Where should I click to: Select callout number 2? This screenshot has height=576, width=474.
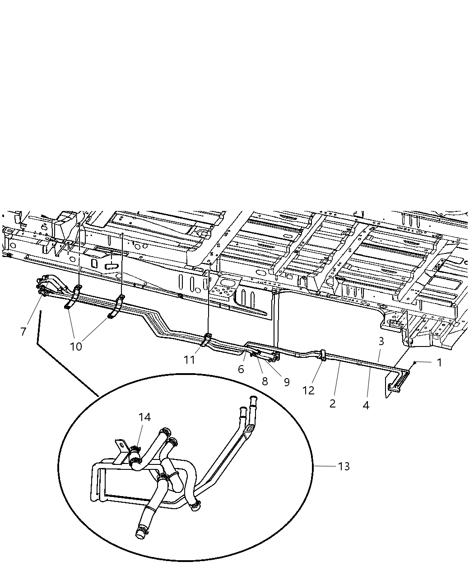(333, 403)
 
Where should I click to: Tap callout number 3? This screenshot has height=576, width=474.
(381, 342)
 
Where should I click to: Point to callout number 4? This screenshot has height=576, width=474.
(366, 405)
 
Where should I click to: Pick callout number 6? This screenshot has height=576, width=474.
(241, 369)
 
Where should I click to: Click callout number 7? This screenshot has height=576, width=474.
(23, 331)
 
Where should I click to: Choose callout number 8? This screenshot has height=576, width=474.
(265, 381)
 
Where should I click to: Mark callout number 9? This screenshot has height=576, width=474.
(286, 382)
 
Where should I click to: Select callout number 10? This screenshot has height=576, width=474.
(76, 347)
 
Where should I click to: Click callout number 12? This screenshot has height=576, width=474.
(308, 390)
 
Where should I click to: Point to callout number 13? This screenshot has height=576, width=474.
(344, 466)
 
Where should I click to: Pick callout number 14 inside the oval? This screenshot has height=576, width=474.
(144, 417)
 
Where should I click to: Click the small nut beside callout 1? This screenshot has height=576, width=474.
(414, 362)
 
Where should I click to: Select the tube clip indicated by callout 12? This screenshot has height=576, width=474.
(323, 354)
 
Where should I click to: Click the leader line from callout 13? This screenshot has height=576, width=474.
(325, 466)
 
